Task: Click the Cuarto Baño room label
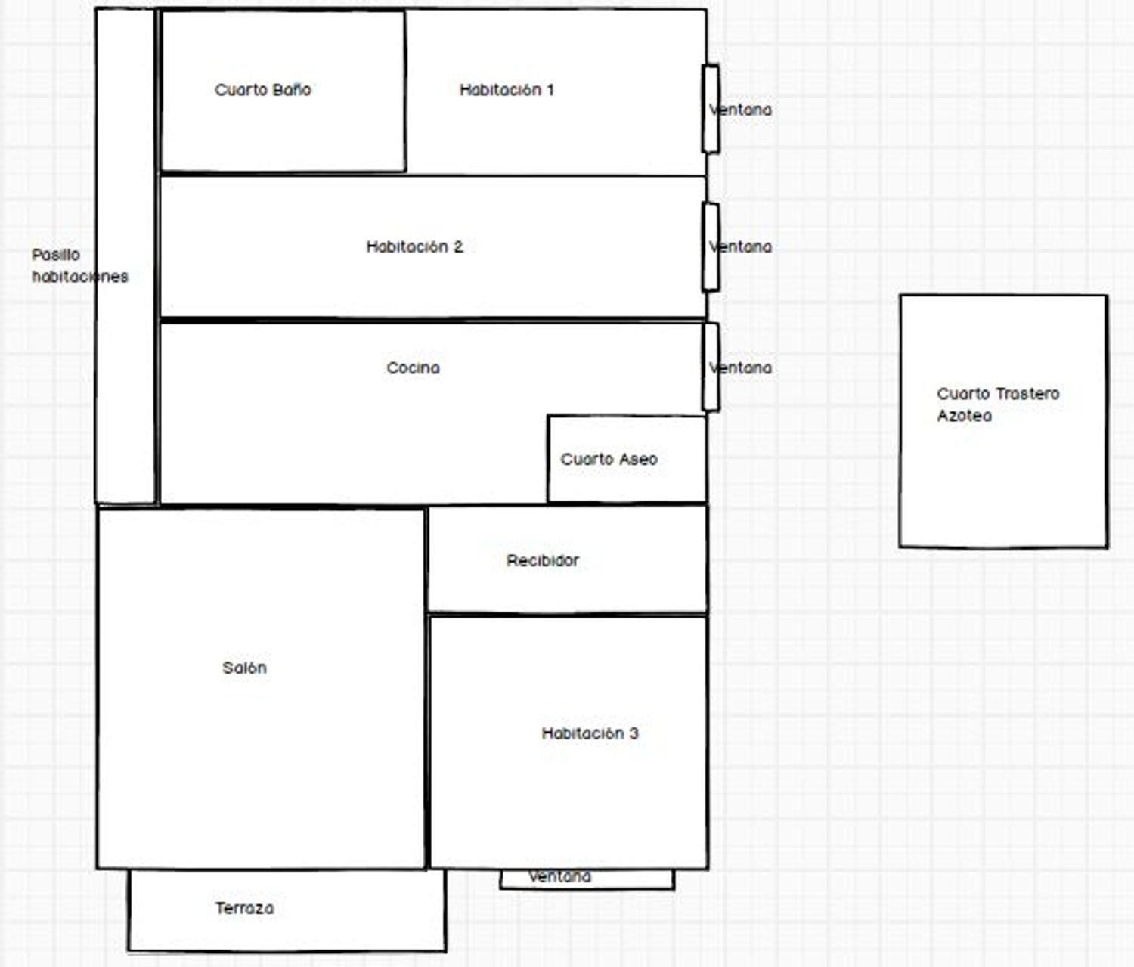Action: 263,89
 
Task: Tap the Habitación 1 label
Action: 507,89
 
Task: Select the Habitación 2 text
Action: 415,246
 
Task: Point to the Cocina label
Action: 413,367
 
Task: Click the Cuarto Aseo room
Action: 627,459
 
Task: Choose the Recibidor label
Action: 542,560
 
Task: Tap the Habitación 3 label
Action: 590,733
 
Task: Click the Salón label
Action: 245,668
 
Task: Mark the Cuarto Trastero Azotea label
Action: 998,404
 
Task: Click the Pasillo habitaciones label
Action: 80,265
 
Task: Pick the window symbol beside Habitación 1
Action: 711,109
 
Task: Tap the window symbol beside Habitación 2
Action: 711,246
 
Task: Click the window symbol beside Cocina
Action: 711,367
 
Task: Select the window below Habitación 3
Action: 587,879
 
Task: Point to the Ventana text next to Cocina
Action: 740,367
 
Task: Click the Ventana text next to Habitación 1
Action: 740,110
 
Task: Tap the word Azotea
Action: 965,415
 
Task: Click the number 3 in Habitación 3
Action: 634,733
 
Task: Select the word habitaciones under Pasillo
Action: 80,276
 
